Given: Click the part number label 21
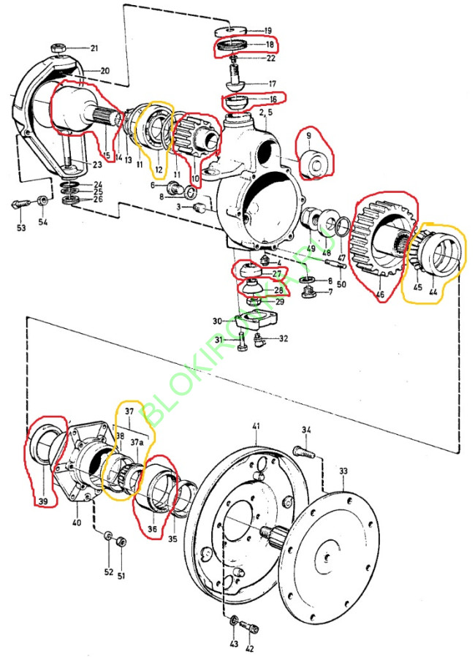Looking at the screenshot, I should tap(94, 48).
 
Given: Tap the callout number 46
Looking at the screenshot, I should tap(379, 295).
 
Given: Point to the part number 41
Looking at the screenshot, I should tap(256, 426).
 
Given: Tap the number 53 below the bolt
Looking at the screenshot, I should tap(20, 229).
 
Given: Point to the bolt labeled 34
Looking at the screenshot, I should tap(306, 452).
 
